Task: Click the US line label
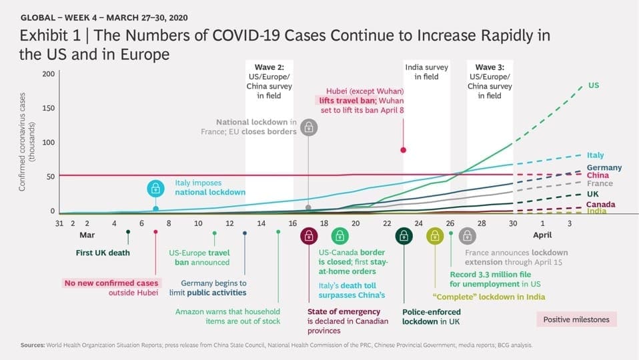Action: pyautogui.click(x=594, y=85)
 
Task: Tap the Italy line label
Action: pyautogui.click(x=595, y=155)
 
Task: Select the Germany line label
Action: pyautogui.click(x=604, y=167)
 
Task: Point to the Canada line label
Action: pyautogui.click(x=601, y=204)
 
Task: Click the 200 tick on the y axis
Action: pyautogui.click(x=48, y=74)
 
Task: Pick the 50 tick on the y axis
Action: pyautogui.click(x=50, y=177)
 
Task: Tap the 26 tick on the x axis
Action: pyautogui.click(x=450, y=223)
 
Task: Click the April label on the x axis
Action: pyautogui.click(x=542, y=235)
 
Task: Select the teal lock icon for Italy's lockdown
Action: pyautogui.click(x=155, y=189)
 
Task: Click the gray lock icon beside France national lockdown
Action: pyautogui.click(x=309, y=128)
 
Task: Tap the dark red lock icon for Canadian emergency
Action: pyautogui.click(x=309, y=236)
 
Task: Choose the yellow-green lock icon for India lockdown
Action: pyautogui.click(x=435, y=236)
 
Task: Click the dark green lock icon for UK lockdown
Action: pyautogui.click(x=404, y=236)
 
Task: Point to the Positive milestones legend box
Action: pyautogui.click(x=576, y=320)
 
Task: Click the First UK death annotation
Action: pyautogui.click(x=103, y=253)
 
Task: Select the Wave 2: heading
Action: pyautogui.click(x=269, y=67)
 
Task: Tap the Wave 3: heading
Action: pyautogui.click(x=490, y=67)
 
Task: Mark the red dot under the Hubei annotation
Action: pyautogui.click(x=403, y=150)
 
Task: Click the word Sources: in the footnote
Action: pyautogui.click(x=33, y=345)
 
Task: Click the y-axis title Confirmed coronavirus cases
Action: pyautogui.click(x=22, y=142)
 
